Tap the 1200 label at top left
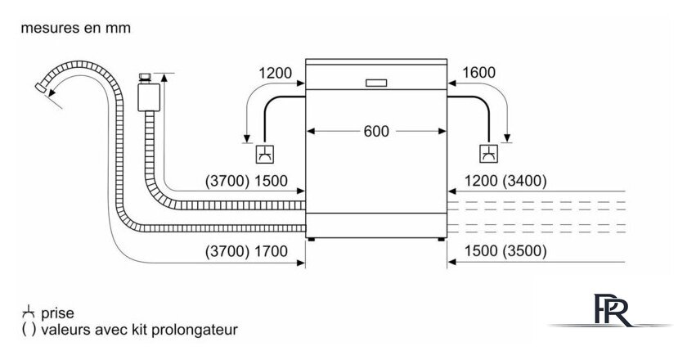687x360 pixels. click(275, 74)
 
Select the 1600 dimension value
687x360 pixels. click(478, 74)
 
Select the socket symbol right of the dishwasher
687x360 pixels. click(488, 152)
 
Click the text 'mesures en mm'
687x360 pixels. click(75, 28)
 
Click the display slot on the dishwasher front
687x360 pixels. click(376, 82)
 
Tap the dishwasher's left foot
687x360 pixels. click(311, 239)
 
